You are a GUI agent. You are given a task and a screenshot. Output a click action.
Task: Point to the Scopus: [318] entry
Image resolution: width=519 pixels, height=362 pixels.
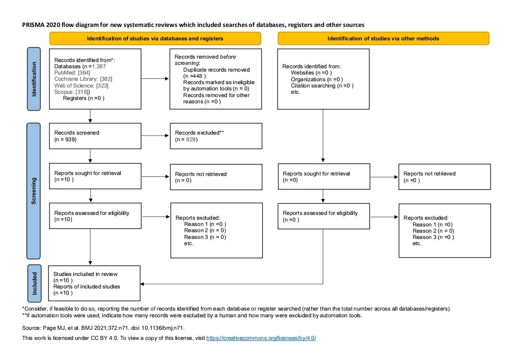pyautogui.click(x=72, y=91)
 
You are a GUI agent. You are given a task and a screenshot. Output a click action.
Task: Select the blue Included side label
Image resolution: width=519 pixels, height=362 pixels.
pyautogui.click(x=34, y=283)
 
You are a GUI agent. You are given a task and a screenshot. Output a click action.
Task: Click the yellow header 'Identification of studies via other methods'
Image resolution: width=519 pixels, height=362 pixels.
pyautogui.click(x=383, y=38)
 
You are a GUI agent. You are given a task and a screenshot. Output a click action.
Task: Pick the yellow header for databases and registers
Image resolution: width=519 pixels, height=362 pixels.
pyautogui.click(x=155, y=38)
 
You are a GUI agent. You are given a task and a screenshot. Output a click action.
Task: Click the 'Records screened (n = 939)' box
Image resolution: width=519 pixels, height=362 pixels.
pyautogui.click(x=95, y=136)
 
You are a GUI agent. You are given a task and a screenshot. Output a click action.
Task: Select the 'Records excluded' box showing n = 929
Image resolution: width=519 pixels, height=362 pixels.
pyautogui.click(x=216, y=136)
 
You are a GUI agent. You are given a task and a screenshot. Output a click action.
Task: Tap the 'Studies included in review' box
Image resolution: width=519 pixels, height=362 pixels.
pyautogui.click(x=95, y=283)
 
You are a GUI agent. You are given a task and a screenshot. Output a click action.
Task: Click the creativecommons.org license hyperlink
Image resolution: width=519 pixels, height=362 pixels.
pyautogui.click(x=261, y=338)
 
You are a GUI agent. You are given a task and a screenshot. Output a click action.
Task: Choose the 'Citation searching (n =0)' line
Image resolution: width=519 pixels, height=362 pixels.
pyautogui.click(x=322, y=85)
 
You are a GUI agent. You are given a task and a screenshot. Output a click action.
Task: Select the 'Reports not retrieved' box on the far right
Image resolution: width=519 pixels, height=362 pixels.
pyautogui.click(x=444, y=177)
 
